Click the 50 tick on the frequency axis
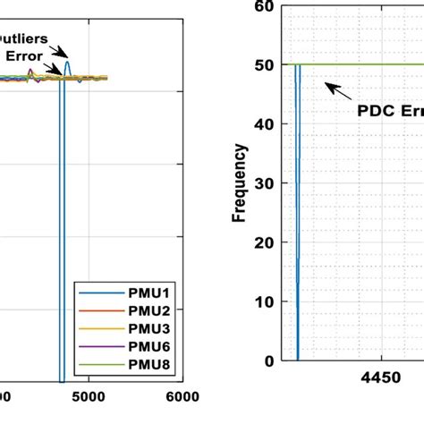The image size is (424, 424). (263, 64)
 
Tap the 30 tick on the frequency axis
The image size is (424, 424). (263, 183)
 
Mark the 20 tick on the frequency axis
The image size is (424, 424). (263, 242)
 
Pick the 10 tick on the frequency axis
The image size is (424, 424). (263, 301)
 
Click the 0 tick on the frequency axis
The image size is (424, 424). (267, 361)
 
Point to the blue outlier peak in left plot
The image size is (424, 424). (66, 64)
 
